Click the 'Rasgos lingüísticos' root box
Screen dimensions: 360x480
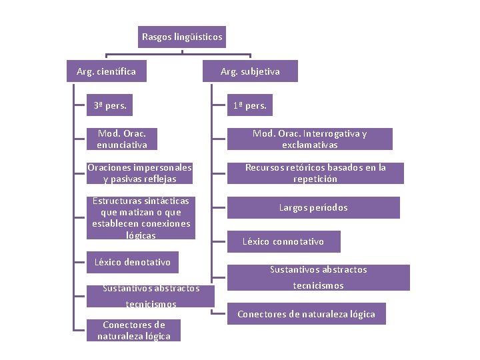(x=182, y=37)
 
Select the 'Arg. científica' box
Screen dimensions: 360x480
(x=106, y=71)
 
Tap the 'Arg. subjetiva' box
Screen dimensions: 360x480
(x=250, y=71)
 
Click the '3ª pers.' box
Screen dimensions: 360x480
(x=110, y=105)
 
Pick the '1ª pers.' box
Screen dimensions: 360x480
(x=249, y=105)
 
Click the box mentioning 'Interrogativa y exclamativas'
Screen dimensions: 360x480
(x=309, y=139)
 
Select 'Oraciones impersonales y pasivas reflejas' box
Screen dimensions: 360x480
(x=139, y=173)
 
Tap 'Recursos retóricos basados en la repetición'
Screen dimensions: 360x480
(x=315, y=173)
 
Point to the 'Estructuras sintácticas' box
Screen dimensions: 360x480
(x=141, y=218)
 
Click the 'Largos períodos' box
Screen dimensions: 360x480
(x=313, y=207)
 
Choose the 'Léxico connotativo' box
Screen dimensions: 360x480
(x=283, y=241)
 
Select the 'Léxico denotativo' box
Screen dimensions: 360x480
(x=132, y=262)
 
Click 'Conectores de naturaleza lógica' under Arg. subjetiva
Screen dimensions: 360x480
(x=306, y=314)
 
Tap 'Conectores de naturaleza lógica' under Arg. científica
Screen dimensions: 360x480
(x=134, y=330)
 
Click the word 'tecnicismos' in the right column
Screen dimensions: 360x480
(x=319, y=285)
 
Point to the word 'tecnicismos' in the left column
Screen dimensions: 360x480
(x=151, y=304)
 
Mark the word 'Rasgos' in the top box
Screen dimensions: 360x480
(x=157, y=37)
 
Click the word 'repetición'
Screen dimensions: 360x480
(x=315, y=179)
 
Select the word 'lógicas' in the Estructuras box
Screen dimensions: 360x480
(x=141, y=235)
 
